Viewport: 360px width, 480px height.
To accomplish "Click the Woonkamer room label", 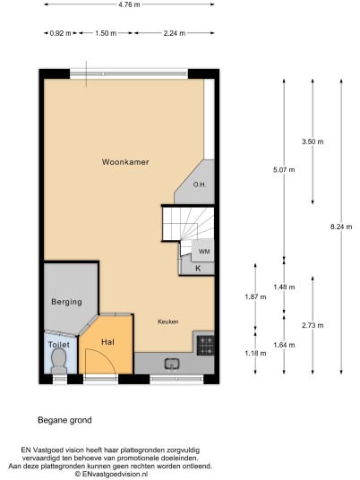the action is (x=125, y=161).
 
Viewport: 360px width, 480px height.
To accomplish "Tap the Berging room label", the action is (x=67, y=302).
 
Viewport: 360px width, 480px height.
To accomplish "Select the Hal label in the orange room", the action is (x=107, y=341).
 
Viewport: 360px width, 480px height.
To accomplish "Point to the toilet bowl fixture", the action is (x=59, y=360).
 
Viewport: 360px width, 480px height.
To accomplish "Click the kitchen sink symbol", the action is (x=172, y=364).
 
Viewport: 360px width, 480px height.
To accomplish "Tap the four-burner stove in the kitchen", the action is (x=206, y=346).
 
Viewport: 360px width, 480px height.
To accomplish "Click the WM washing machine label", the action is (x=204, y=252).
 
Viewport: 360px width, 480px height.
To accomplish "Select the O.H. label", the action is (x=200, y=184).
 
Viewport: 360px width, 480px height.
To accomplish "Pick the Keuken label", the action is (x=168, y=321).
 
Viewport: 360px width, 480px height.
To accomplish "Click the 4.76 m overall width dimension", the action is (x=129, y=4).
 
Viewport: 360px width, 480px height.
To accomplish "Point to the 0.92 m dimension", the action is (x=60, y=33).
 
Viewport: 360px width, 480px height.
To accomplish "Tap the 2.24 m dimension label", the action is (x=175, y=33).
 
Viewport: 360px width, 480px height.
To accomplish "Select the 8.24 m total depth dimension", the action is (x=341, y=227).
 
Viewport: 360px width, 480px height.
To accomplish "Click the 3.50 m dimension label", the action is (x=313, y=141).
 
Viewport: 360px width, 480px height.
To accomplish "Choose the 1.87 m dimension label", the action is (x=255, y=296).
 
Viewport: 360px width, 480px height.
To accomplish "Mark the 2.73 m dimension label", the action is (x=313, y=325).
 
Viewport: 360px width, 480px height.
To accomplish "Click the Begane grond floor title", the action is (x=64, y=420).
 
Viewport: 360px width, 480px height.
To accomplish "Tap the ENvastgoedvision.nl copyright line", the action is (x=112, y=474).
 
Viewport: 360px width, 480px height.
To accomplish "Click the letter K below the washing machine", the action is (x=198, y=269).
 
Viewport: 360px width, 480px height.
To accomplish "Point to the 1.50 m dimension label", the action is (x=106, y=33).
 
